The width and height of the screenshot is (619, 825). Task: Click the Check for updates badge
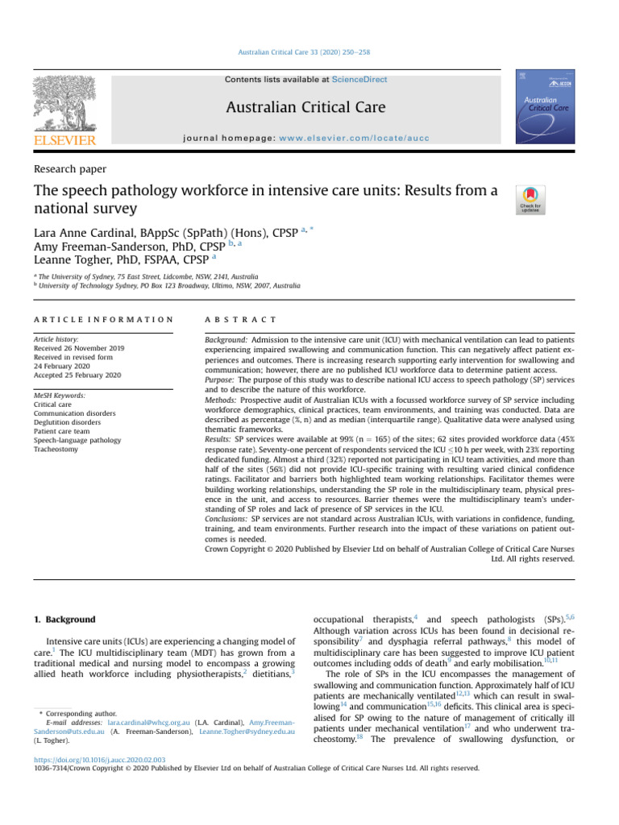(530, 200)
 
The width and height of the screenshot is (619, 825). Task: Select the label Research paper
(70, 169)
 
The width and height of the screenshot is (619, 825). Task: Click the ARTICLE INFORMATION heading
(103, 320)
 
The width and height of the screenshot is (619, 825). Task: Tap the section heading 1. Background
(64, 620)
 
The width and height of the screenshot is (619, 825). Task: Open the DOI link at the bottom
(99, 759)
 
